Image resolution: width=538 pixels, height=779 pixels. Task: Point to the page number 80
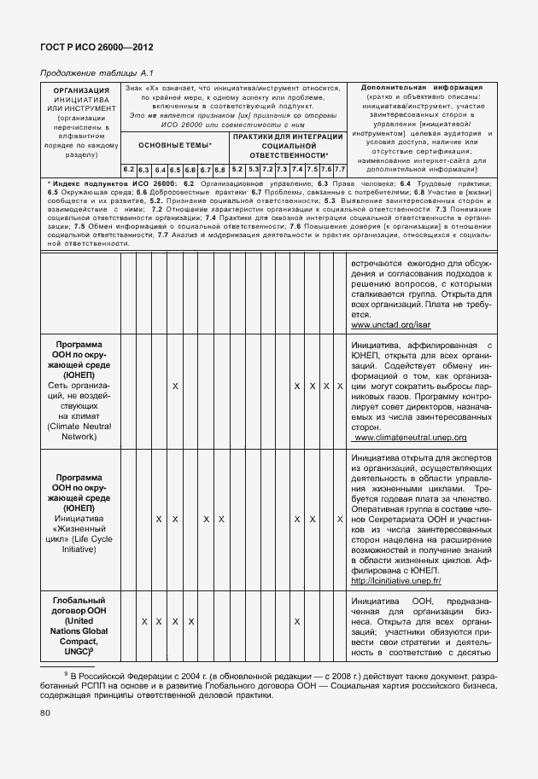pyautogui.click(x=44, y=712)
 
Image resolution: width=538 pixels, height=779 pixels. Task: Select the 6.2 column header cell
pyautogui.click(x=128, y=169)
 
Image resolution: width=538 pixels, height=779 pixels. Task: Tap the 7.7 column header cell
pyautogui.click(x=339, y=169)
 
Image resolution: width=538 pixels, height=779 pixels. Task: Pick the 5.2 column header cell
pyautogui.click(x=237, y=169)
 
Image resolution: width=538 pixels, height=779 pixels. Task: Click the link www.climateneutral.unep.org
pyautogui.click(x=410, y=437)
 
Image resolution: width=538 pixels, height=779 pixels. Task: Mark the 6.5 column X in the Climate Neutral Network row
pyautogui.click(x=175, y=387)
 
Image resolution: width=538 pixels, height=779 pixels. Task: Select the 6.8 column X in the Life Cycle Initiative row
pyautogui.click(x=221, y=519)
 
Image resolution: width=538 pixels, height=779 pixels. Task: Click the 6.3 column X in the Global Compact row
pyautogui.click(x=144, y=621)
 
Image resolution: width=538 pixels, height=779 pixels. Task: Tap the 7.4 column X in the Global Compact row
pyautogui.click(x=296, y=621)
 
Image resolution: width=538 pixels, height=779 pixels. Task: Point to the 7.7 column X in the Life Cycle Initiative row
pyautogui.click(x=339, y=519)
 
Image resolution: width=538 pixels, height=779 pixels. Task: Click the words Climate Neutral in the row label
pyautogui.click(x=80, y=424)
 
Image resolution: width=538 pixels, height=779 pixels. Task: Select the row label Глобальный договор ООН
pyautogui.click(x=80, y=607)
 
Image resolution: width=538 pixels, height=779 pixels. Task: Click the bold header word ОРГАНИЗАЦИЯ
pyautogui.click(x=81, y=90)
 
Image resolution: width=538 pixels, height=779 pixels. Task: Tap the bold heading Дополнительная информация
pyautogui.click(x=422, y=87)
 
